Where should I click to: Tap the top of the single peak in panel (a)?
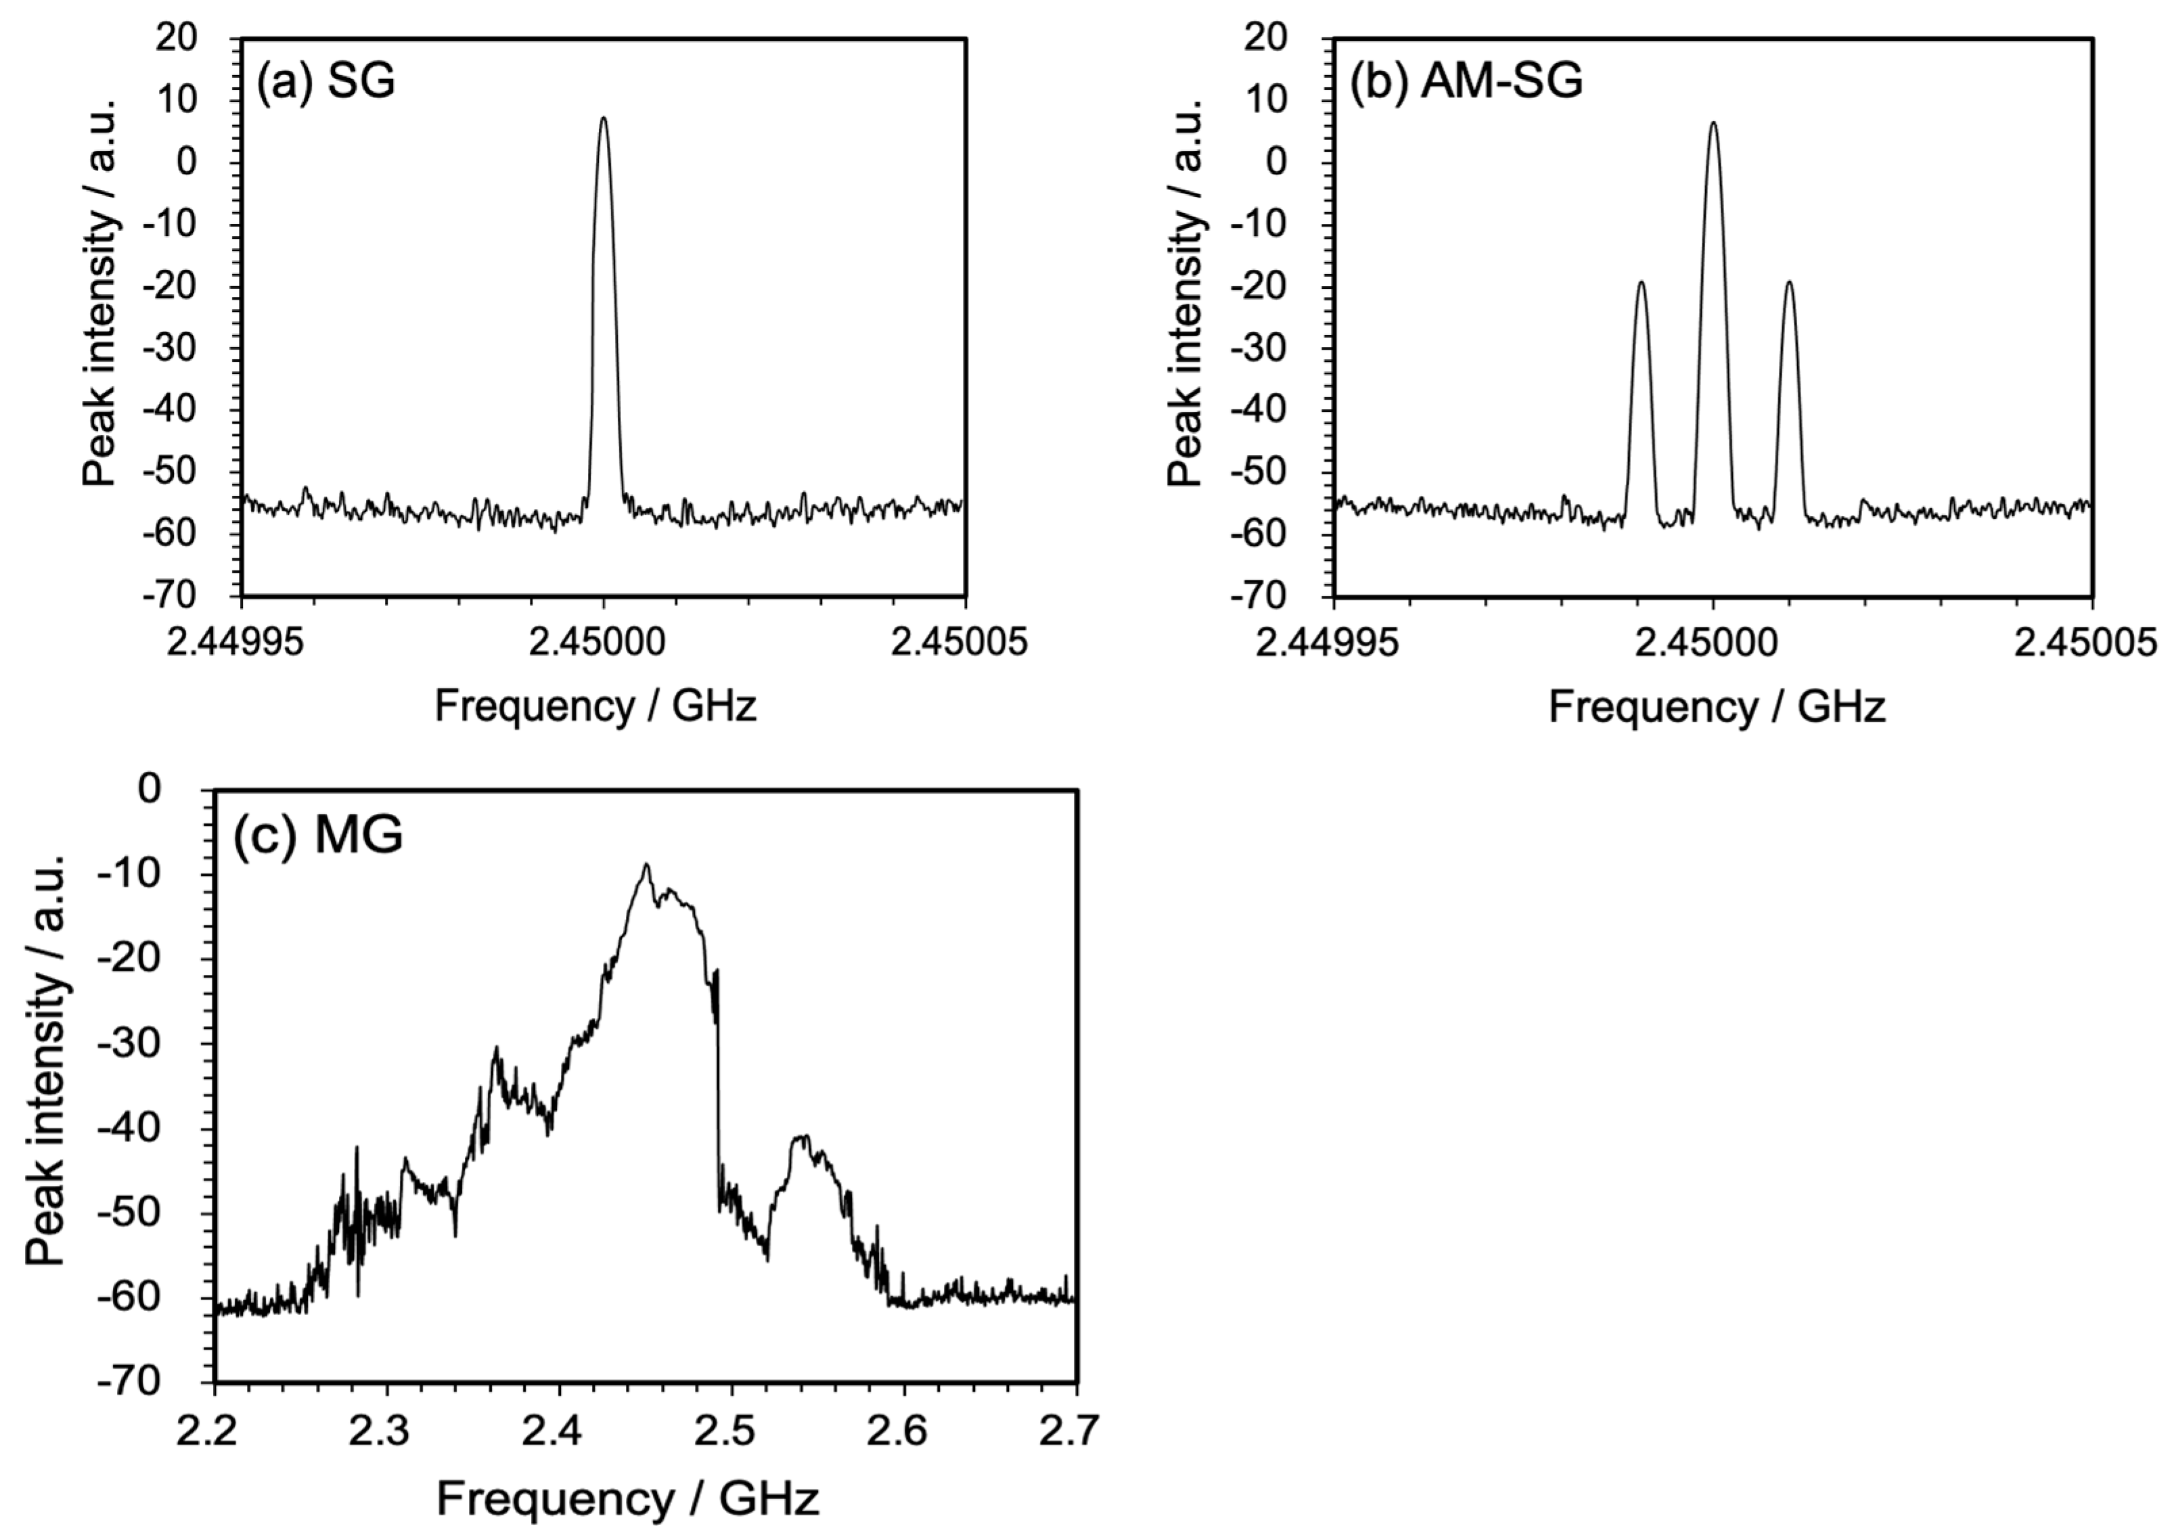pos(603,118)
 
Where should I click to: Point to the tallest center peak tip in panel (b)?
pos(1713,123)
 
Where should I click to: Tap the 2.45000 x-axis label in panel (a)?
pos(603,643)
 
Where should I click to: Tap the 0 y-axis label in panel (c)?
pos(152,788)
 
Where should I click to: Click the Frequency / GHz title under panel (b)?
pos(1717,708)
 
